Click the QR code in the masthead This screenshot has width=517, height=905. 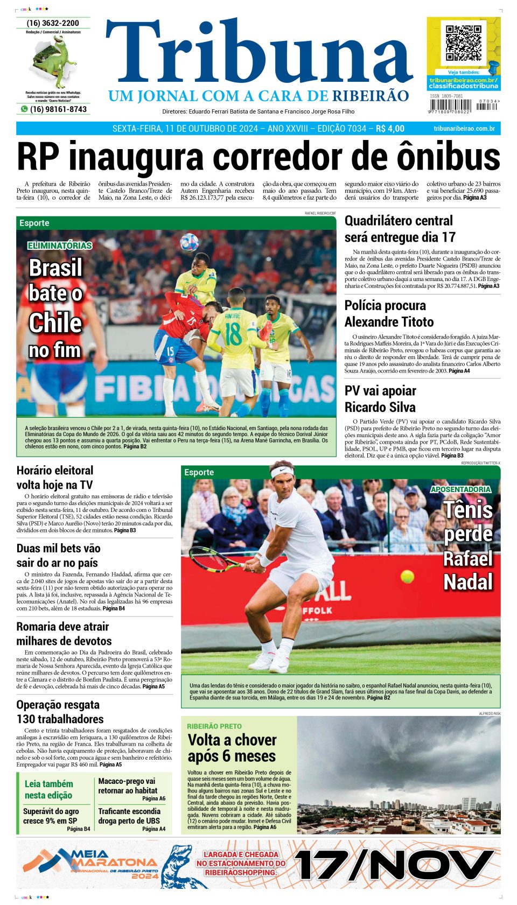pos(463,43)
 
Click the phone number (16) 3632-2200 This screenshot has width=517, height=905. pos(53,23)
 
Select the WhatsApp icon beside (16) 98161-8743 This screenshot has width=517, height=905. pos(24,109)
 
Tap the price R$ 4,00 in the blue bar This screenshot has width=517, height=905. pos(390,129)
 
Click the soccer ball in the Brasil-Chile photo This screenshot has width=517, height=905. pos(189,242)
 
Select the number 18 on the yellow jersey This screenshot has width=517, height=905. pos(233,334)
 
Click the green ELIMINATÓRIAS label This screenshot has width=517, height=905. pos(60,245)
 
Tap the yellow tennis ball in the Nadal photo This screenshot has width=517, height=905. pos(407,577)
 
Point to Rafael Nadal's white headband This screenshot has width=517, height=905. pos(282,472)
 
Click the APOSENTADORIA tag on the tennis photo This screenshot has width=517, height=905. pos(460,489)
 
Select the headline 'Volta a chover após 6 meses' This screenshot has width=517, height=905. pos(232,747)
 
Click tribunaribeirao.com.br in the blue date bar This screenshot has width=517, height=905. pos(464,129)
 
